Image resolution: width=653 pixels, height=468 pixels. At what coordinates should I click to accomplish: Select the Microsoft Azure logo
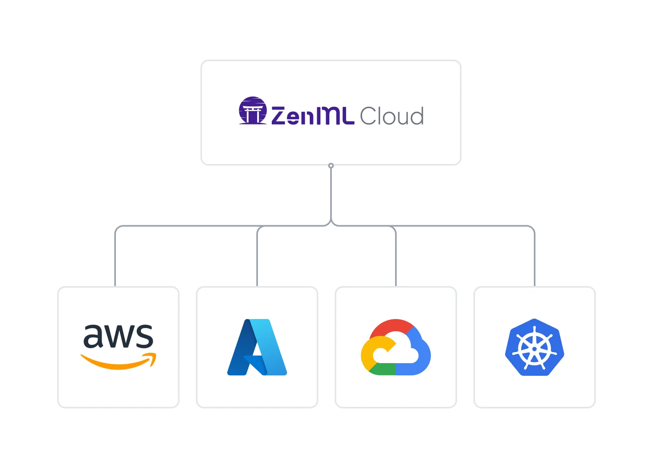257,347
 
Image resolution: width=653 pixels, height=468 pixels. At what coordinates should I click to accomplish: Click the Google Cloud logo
395,347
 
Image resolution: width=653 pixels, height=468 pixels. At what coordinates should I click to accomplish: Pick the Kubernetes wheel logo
534,347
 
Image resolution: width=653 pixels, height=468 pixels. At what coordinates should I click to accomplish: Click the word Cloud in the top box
391,116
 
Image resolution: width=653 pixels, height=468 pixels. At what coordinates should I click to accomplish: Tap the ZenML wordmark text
312,115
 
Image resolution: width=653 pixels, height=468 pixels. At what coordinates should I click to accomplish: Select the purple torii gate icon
253,111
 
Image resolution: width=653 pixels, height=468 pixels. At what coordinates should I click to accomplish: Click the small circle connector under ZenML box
331,166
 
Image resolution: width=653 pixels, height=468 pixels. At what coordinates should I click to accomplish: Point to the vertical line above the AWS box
116,257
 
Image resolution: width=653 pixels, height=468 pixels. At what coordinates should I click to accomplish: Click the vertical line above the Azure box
256,257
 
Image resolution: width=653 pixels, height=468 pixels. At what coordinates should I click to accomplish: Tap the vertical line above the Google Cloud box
396,257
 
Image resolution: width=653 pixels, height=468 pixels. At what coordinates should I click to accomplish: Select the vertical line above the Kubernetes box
534,257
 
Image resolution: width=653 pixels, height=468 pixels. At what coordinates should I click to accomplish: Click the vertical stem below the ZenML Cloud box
331,194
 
